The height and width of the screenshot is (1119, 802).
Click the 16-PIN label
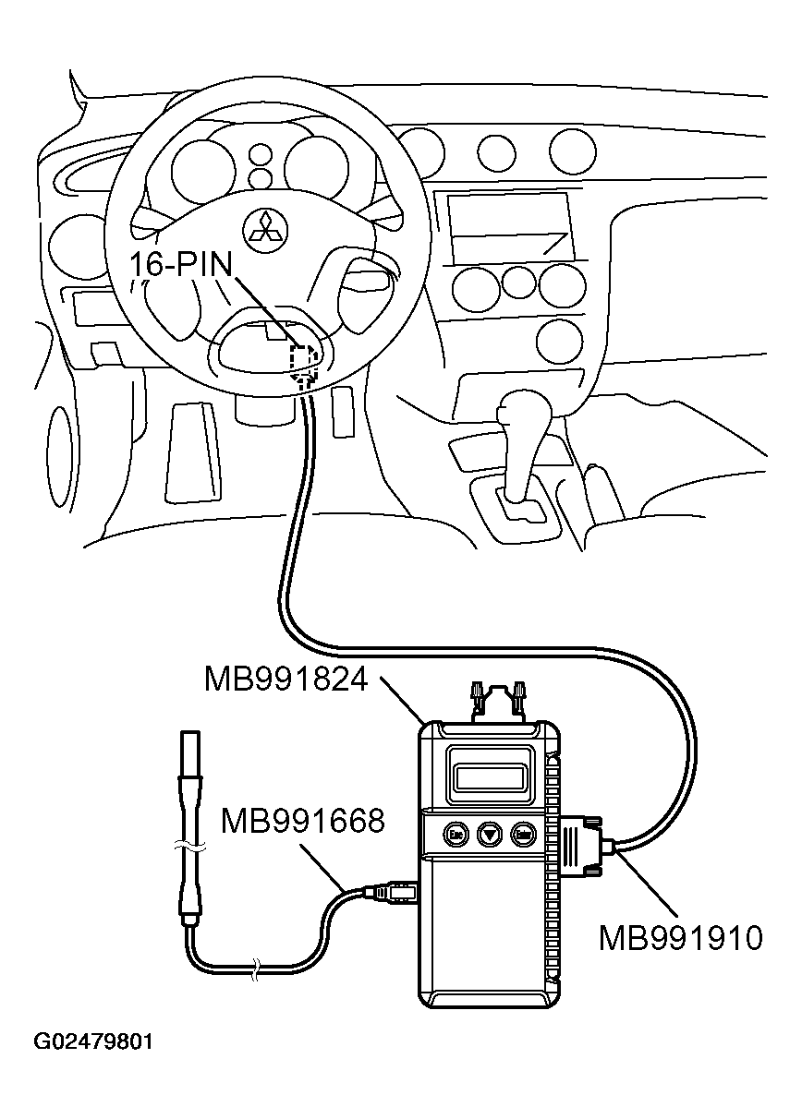pos(181,264)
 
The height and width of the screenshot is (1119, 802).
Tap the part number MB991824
pos(286,680)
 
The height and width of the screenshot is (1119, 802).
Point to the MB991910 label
pos(681,938)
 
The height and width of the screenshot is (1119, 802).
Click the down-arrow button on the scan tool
pos(490,834)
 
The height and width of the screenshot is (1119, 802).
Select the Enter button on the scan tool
pos(524,834)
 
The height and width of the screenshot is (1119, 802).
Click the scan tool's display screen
pos(490,777)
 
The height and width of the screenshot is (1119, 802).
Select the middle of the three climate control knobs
pos(519,282)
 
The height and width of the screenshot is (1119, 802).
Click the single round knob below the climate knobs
pos(560,342)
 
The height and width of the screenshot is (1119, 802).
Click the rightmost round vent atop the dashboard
pos(573,151)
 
